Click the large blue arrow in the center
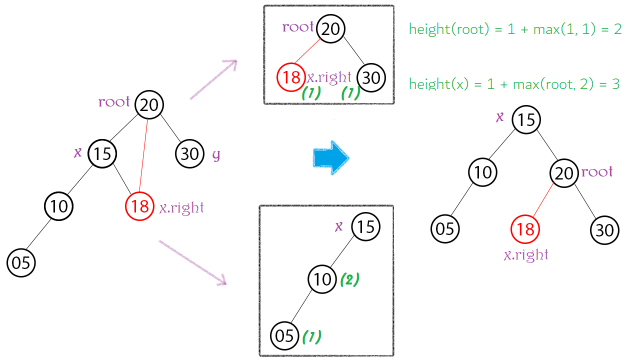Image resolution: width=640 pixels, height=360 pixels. coord(330,158)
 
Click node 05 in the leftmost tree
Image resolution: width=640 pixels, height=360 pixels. coord(21,263)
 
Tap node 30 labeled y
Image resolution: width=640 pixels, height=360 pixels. coord(190,153)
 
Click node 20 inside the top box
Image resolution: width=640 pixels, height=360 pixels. coord(330,29)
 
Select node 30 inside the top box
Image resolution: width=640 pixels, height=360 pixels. coord(371,78)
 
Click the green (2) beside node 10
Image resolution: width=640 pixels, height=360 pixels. coord(349,279)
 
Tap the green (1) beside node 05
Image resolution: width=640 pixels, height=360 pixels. coord(311,336)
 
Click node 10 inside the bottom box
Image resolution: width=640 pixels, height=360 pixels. coord(322,279)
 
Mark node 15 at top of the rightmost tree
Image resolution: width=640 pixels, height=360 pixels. coord(526,120)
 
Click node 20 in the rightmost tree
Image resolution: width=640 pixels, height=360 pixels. coord(564,173)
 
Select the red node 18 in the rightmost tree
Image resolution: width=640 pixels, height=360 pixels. coord(525,229)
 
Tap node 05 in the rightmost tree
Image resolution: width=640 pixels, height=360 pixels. coord(445,228)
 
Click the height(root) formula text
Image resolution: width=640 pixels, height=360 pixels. coord(515,29)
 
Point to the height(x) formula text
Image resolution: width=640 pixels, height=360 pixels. coord(514,83)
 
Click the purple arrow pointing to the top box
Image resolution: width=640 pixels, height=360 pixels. coord(213,79)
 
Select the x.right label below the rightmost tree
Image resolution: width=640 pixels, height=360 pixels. coord(526,255)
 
